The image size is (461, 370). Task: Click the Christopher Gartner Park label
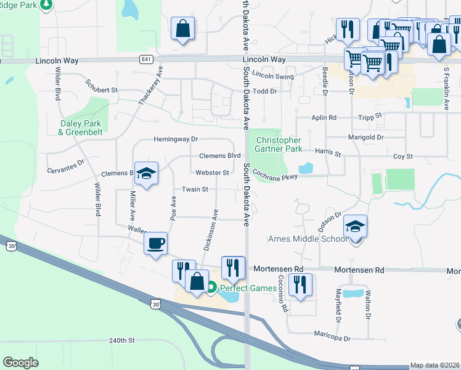279,144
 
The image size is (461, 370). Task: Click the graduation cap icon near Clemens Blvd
146,174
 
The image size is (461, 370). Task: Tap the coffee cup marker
155,242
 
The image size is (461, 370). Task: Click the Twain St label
195,189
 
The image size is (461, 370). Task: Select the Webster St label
213,173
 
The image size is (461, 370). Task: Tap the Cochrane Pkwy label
275,175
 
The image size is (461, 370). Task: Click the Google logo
20,363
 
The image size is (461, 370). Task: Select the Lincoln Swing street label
273,75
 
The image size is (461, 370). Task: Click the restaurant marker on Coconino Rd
300,285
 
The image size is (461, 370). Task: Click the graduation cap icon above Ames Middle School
356,227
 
